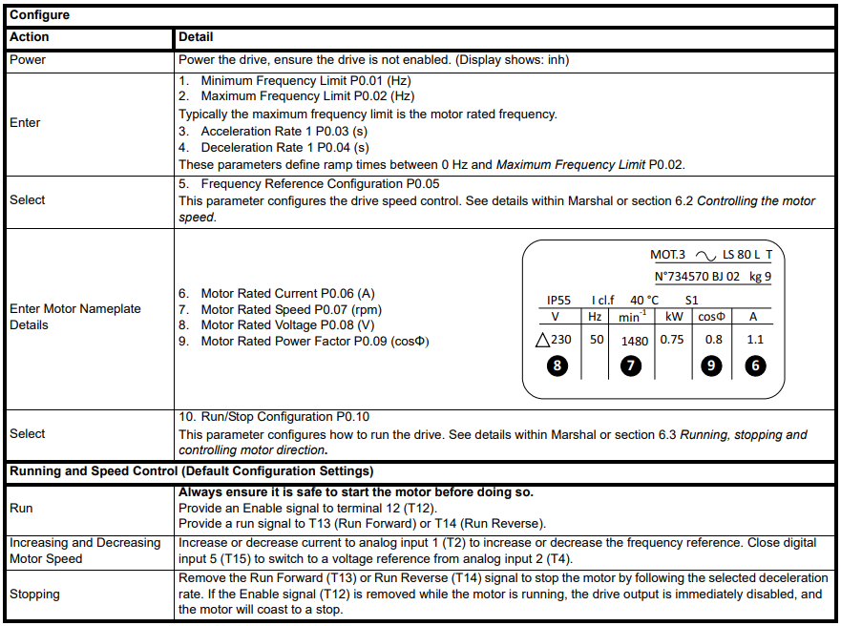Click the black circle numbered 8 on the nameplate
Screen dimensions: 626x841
pyautogui.click(x=558, y=365)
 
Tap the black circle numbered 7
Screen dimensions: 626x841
pyautogui.click(x=630, y=365)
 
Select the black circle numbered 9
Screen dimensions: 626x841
pyautogui.click(x=710, y=365)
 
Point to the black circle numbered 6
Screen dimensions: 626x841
pyautogui.click(x=756, y=365)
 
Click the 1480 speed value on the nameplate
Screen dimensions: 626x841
pyautogui.click(x=634, y=340)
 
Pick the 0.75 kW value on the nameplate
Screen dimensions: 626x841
pyautogui.click(x=672, y=339)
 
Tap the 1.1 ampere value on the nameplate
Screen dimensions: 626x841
pyautogui.click(x=755, y=339)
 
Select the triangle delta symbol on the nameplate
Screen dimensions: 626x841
pyautogui.click(x=543, y=339)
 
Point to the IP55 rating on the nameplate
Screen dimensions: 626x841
pyautogui.click(x=558, y=300)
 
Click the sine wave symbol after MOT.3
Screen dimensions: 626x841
pyautogui.click(x=706, y=256)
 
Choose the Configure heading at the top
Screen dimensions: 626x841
pyautogui.click(x=39, y=15)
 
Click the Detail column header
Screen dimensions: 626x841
pyautogui.click(x=196, y=37)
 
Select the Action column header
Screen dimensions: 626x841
pyautogui.click(x=29, y=37)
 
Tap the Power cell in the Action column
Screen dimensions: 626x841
pyautogui.click(x=28, y=59)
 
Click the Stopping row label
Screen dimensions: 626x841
pyautogui.click(x=34, y=594)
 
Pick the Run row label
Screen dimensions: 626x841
pyautogui.click(x=21, y=509)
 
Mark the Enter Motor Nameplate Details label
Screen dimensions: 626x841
pyautogui.click(x=75, y=317)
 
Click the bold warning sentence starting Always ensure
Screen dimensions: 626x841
pyautogui.click(x=356, y=492)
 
